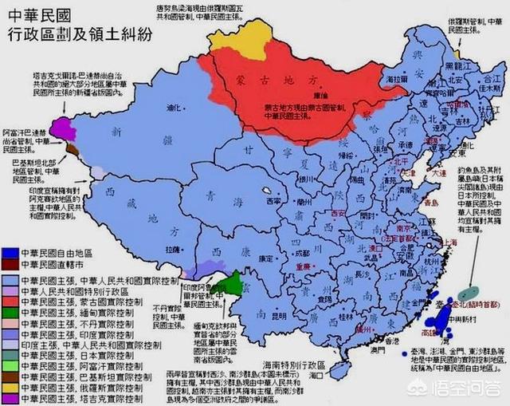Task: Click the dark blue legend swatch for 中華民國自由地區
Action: point(10,250)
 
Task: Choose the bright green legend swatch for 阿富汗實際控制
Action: point(10,365)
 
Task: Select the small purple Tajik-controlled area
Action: point(58,128)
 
